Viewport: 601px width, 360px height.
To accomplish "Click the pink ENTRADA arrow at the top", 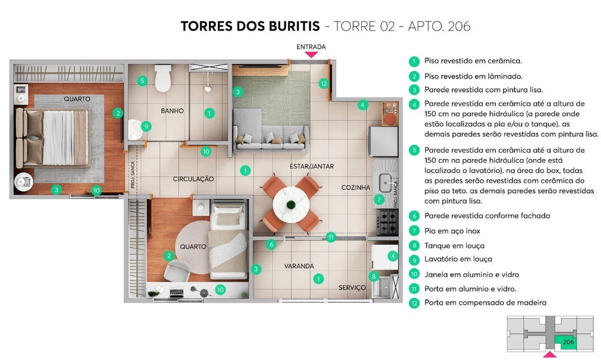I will point(311,54).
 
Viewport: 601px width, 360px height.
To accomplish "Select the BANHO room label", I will point(172,111).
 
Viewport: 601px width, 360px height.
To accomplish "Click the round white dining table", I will point(290,204).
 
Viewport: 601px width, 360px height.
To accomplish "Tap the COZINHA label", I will point(356,187).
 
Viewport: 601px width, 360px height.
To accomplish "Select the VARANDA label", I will point(299,266).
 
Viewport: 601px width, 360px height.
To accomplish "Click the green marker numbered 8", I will point(373,276).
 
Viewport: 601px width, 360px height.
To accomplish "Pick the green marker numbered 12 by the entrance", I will point(324,84).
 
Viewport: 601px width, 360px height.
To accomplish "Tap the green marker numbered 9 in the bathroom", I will point(146,126).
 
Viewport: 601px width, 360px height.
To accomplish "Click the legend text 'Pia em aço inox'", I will point(452,231).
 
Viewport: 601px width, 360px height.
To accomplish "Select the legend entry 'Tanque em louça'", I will point(454,245).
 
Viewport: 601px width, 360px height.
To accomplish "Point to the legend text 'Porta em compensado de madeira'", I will point(485,302).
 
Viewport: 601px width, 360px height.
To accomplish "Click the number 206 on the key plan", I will point(568,342).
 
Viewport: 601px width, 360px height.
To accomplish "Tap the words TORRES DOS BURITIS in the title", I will point(250,26).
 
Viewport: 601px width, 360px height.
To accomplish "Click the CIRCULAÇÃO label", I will point(193,179).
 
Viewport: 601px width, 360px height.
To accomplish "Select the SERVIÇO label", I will point(352,287).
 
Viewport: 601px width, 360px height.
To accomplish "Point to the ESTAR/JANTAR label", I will point(312,166).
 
